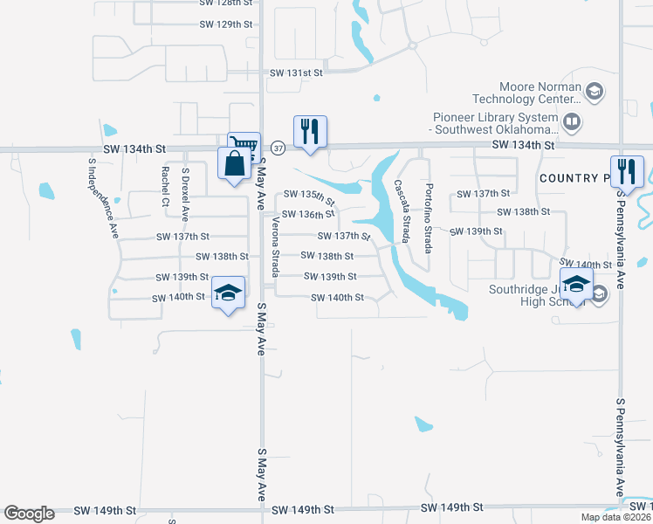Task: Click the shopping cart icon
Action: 244,145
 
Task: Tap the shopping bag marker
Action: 234,163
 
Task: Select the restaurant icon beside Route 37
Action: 310,131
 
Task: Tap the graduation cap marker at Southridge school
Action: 576,284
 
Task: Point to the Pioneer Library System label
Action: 495,123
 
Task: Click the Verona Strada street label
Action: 275,246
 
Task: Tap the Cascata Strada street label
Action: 402,212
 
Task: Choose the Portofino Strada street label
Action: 428,217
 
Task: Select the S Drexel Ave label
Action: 185,193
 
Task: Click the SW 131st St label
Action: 297,73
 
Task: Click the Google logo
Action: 29,514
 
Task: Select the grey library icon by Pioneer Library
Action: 573,122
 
